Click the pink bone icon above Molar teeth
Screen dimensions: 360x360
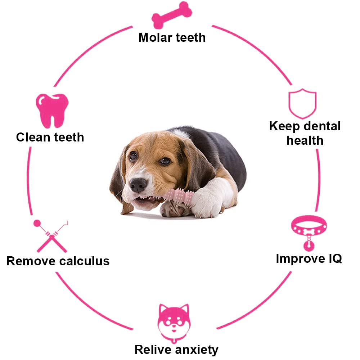coord(172,15)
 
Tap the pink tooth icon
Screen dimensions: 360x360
coord(52,111)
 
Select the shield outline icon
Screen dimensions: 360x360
coord(302,104)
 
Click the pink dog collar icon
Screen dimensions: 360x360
coord(309,232)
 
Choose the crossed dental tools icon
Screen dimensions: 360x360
coord(51,237)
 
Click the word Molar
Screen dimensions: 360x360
coord(156,37)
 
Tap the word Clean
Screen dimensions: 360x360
coord(33,137)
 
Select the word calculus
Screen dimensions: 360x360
coord(84,261)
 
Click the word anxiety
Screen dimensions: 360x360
coord(197,350)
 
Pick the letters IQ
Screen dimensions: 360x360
coord(335,258)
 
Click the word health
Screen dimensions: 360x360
coord(305,140)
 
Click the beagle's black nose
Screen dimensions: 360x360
coord(138,185)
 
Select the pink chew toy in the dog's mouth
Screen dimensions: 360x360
coord(179,197)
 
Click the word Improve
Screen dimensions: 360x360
coord(300,259)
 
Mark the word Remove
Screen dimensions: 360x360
coord(31,261)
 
